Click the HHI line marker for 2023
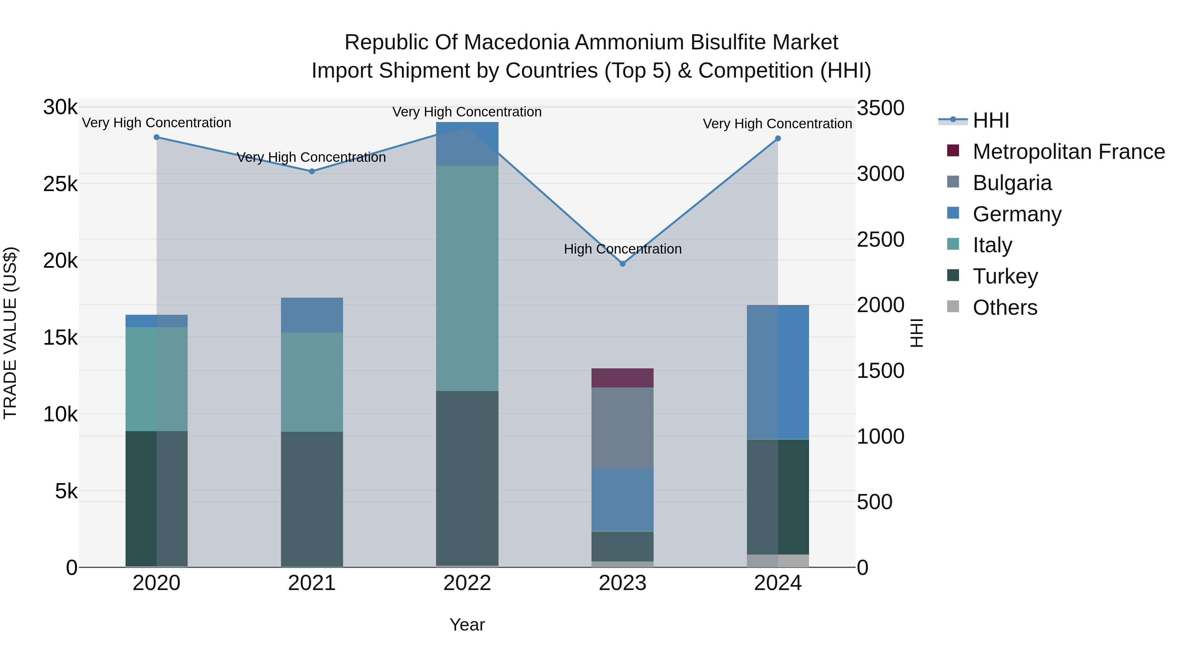point(622,264)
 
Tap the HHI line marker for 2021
point(312,171)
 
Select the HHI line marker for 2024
point(777,138)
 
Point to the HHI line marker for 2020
point(157,137)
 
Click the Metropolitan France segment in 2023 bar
point(622,378)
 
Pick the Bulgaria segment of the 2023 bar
point(622,428)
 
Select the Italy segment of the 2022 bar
point(467,278)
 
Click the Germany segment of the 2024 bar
point(777,372)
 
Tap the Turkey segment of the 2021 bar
point(312,499)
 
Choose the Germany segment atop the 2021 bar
point(312,315)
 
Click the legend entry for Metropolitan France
point(1068,152)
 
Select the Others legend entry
point(1005,307)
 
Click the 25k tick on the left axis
point(60,184)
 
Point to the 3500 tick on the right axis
point(880,109)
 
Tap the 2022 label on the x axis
point(467,583)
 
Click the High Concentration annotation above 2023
point(622,249)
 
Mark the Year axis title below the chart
point(467,625)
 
